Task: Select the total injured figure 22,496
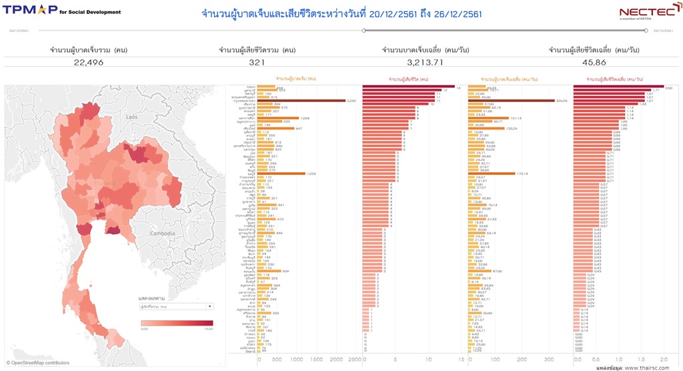coord(88,62)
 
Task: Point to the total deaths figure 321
coord(257,62)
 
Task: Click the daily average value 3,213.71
coord(425,62)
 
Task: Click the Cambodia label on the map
coord(163,234)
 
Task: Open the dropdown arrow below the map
coord(210,307)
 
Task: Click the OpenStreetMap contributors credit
coord(37,363)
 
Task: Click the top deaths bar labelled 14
coord(408,87)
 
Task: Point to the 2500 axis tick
coord(356,358)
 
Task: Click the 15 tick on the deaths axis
coord(461,358)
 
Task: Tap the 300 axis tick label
coord(549,358)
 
